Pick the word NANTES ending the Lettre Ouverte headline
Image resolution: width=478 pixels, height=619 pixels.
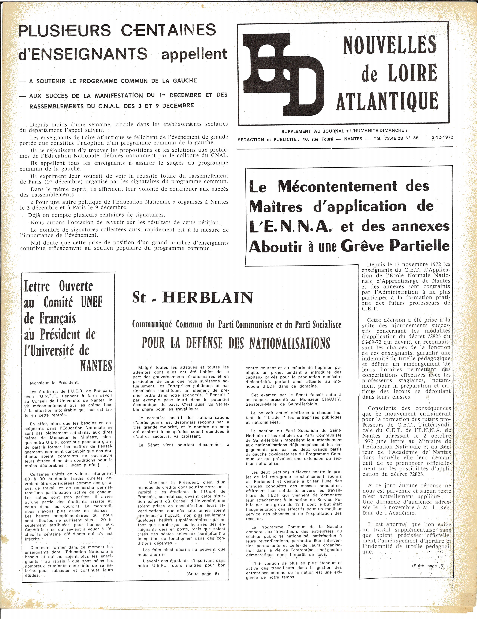(x=96, y=366)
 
